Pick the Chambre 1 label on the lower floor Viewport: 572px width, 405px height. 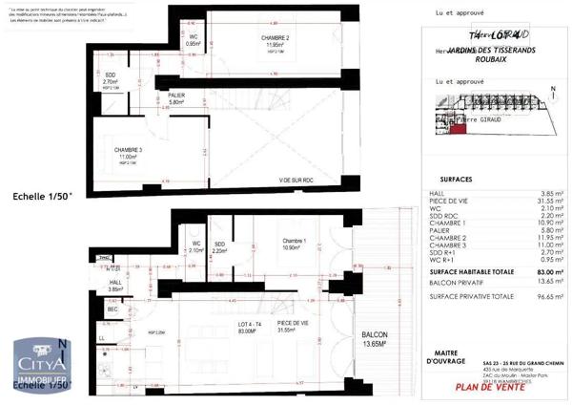coord(292,243)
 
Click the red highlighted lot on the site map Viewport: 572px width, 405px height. coord(457,129)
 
